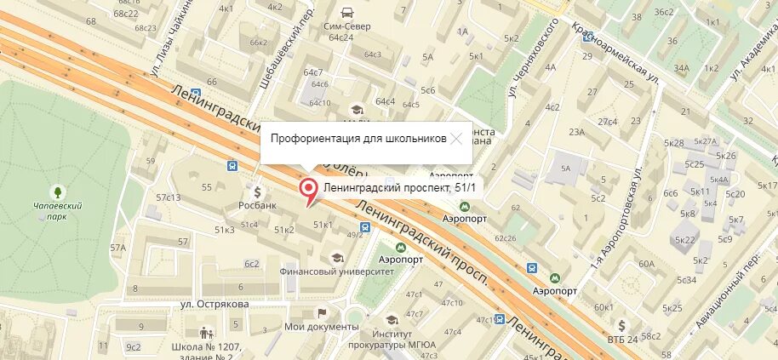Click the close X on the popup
(458, 138)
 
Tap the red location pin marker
(309, 191)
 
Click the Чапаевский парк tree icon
(58, 192)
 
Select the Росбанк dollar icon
(256, 191)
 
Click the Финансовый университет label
(337, 271)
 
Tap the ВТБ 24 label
(621, 340)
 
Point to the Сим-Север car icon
(346, 13)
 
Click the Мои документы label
(321, 326)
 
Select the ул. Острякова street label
(215, 304)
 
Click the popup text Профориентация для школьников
(358, 138)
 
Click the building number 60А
(646, 263)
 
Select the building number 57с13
(169, 197)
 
